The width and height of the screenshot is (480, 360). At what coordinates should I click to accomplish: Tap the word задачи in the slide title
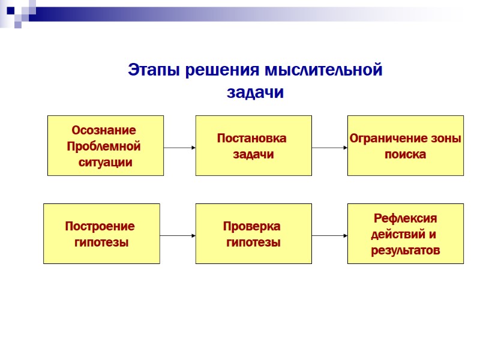tap(254, 93)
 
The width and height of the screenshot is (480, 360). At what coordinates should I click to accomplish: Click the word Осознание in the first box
tap(104, 130)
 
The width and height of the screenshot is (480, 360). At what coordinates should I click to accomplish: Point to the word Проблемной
tap(104, 146)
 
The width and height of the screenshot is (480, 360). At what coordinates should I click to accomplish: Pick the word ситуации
tap(106, 162)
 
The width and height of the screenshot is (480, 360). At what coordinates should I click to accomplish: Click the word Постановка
tap(251, 139)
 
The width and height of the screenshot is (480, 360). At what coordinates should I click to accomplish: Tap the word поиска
tap(405, 154)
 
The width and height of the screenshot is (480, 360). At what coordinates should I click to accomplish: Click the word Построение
tap(100, 227)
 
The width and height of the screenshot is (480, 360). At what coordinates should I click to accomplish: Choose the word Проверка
tap(251, 227)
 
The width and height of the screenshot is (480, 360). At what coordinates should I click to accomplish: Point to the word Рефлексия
tap(406, 218)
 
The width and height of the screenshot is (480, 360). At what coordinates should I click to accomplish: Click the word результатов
tap(406, 250)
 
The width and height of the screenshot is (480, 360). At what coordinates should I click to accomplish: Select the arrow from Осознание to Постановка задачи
tap(179, 147)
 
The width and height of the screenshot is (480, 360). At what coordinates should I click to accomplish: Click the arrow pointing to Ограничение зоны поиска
tap(329, 147)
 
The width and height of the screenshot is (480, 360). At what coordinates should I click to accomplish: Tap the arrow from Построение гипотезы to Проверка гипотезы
tap(178, 236)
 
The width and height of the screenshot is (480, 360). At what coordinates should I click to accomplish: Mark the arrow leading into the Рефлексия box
tap(329, 236)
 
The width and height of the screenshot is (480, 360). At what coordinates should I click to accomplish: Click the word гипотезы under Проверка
tap(253, 242)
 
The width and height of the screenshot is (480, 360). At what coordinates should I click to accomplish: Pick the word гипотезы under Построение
tap(101, 242)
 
